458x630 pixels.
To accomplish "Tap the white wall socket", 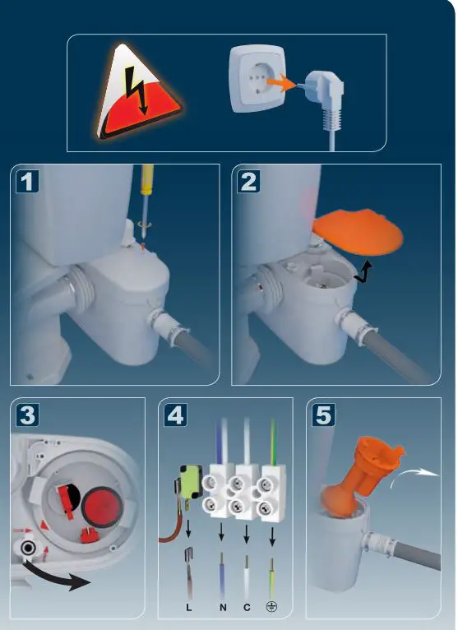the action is click(257, 78).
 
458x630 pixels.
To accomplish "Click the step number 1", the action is click(27, 182).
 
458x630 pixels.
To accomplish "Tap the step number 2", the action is click(248, 182).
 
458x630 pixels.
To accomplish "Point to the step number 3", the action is click(27, 415).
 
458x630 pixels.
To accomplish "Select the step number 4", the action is click(176, 415).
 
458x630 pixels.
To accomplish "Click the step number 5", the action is click(323, 415).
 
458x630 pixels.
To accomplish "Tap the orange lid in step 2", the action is click(358, 232).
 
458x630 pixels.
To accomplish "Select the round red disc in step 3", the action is click(99, 507).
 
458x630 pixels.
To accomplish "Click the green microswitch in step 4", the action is click(192, 481).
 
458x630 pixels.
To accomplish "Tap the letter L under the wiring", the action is click(189, 608).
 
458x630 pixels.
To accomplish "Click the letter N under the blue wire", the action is click(223, 608).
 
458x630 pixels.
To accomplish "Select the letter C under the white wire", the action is click(247, 608).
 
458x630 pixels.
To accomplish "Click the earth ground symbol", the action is click(271, 607).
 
